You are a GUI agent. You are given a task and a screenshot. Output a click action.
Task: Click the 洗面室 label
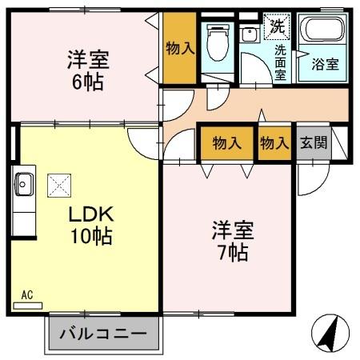coord(281,62)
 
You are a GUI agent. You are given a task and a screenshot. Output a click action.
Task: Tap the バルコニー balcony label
coord(102,333)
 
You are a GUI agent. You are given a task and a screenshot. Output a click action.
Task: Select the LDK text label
coord(90,214)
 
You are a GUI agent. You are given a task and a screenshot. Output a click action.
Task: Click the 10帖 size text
coord(90,236)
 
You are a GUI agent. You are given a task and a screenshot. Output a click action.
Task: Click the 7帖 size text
coord(232,254)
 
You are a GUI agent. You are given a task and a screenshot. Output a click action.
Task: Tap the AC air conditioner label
coord(26,295)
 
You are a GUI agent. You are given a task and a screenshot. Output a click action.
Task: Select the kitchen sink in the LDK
coord(23,186)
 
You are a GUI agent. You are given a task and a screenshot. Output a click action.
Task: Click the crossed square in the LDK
coord(58,185)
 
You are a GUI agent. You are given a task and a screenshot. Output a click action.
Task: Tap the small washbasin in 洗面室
coord(248,34)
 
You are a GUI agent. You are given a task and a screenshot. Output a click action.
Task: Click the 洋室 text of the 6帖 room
coord(87,60)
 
